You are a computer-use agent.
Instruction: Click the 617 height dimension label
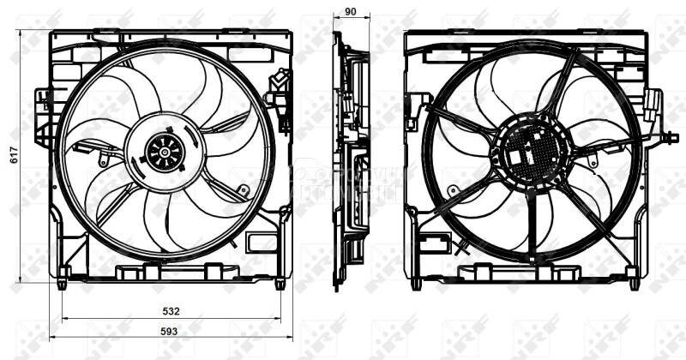12,154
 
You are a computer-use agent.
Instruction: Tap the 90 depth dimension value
351,13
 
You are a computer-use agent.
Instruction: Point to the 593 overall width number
171,331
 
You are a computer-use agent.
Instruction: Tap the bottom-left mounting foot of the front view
63,277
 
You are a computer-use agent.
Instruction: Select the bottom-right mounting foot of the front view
280,278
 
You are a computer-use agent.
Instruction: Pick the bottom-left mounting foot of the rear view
416,278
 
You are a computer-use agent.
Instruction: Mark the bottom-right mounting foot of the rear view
634,278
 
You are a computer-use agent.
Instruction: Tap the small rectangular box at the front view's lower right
261,242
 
